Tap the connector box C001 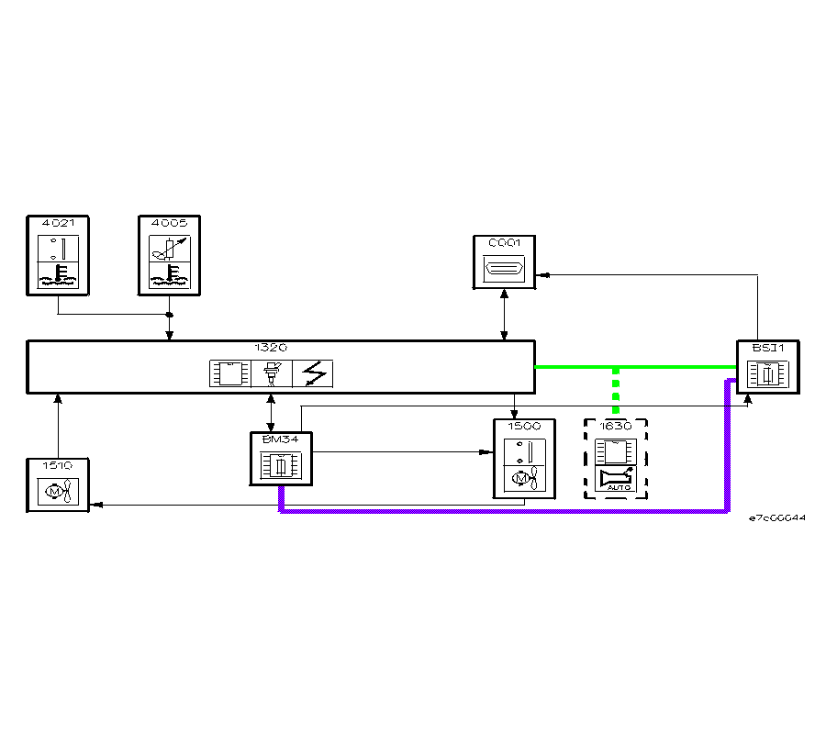tap(504, 262)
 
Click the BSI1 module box tap(767, 367)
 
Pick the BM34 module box tap(281, 459)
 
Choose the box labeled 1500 tap(524, 459)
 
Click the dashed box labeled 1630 tap(616, 459)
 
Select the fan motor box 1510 tap(57, 485)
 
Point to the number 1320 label tap(271, 349)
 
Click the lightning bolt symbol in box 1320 tap(312, 373)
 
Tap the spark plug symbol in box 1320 tap(272, 373)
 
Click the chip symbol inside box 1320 tap(229, 373)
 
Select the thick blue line tap(505, 511)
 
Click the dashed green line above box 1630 tap(616, 390)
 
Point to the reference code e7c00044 tap(777, 518)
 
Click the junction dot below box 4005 tap(169, 315)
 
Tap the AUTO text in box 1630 tap(616, 488)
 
